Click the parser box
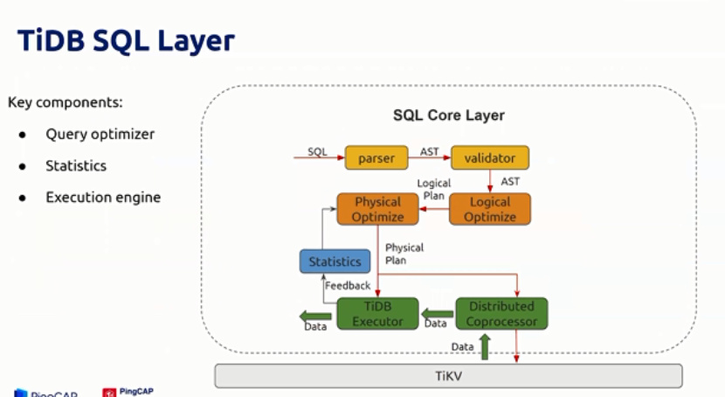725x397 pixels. tap(376, 158)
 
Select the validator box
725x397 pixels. tap(490, 158)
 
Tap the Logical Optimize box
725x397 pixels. tap(490, 209)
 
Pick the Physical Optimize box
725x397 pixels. tap(377, 209)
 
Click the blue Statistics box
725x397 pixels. tap(335, 261)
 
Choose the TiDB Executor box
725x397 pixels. tap(377, 313)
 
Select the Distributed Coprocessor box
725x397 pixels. tap(501, 313)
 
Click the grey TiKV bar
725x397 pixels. tap(448, 376)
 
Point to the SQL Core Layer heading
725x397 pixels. tap(448, 115)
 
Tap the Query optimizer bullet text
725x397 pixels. tap(100, 135)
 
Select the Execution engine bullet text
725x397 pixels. tap(103, 198)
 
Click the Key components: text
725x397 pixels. tap(66, 102)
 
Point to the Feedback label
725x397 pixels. tap(348, 286)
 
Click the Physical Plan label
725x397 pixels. tap(404, 254)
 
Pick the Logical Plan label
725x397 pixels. tap(433, 190)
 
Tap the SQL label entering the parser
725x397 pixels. tap(317, 151)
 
